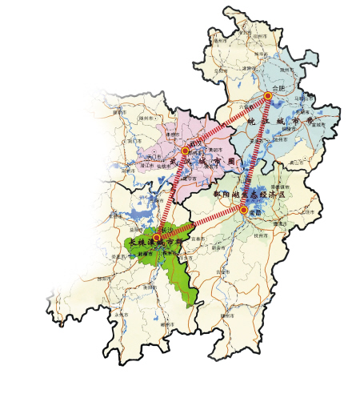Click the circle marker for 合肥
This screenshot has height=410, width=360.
coord(268,97)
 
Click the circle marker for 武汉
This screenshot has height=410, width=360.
coord(185,151)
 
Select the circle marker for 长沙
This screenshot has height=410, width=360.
coord(158,237)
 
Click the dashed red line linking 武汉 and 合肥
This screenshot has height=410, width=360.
coord(226,124)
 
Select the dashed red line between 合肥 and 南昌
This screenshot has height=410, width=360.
coord(256,152)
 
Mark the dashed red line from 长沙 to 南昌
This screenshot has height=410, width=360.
coord(201,223)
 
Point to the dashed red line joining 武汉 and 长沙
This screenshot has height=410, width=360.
coord(171,194)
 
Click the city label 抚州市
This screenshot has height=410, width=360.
coord(262,237)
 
